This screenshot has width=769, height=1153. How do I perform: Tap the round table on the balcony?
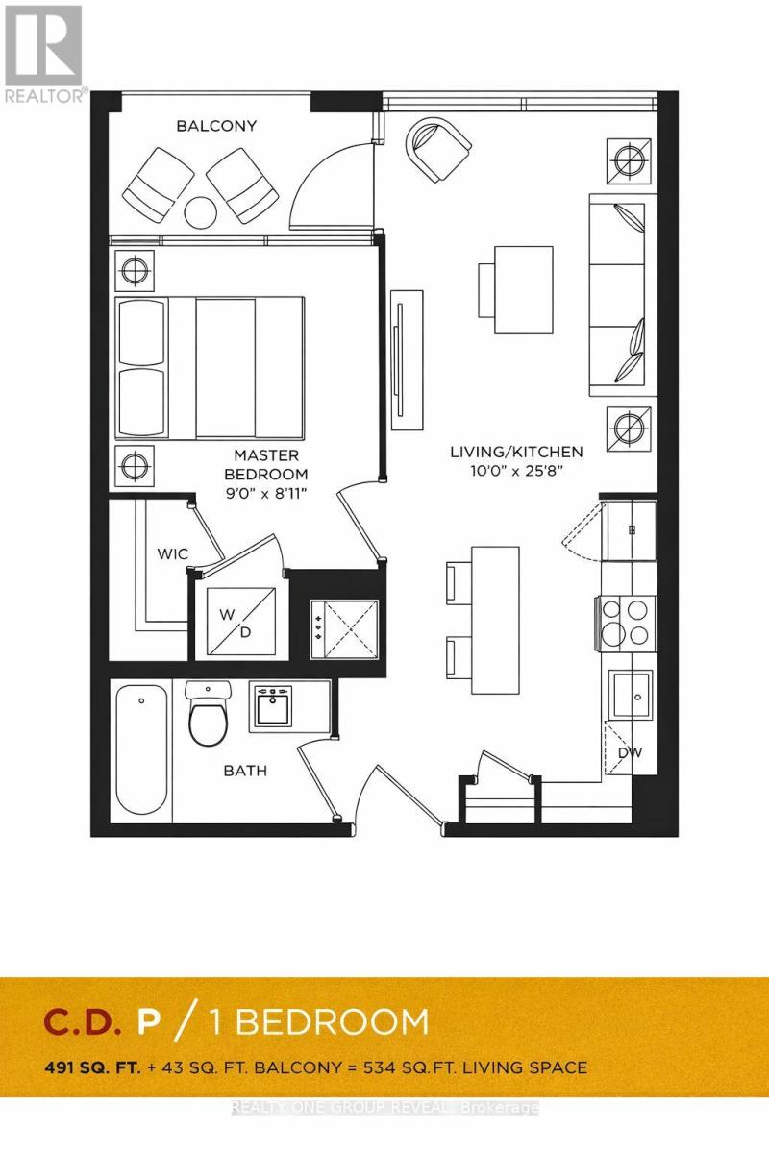pyautogui.click(x=202, y=211)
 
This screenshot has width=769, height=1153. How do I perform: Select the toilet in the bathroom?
pyautogui.click(x=209, y=717)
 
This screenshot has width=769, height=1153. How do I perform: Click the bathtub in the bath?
pyautogui.click(x=142, y=749)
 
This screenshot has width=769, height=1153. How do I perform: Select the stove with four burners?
pyautogui.click(x=627, y=622)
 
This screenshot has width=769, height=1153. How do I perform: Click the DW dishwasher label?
pyautogui.click(x=630, y=752)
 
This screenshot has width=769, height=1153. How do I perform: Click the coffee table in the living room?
pyautogui.click(x=523, y=289)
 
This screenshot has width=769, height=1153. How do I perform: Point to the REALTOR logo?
pyautogui.click(x=44, y=53)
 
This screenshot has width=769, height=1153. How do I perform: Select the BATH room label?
pyautogui.click(x=245, y=771)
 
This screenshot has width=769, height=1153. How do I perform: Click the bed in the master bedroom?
pyautogui.click(x=210, y=368)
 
